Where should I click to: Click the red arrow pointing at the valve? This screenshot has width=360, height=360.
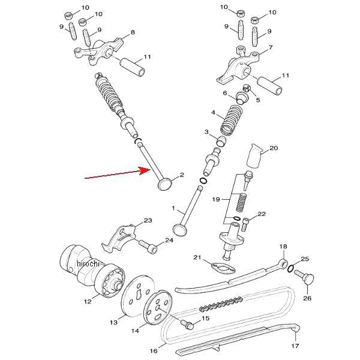tap(117, 174)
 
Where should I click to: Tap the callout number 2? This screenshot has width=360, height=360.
tap(181, 175)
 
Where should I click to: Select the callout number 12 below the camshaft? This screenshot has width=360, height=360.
tap(88, 301)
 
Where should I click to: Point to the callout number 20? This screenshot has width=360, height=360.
tap(274, 148)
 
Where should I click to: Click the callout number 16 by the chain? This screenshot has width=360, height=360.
tap(154, 350)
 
